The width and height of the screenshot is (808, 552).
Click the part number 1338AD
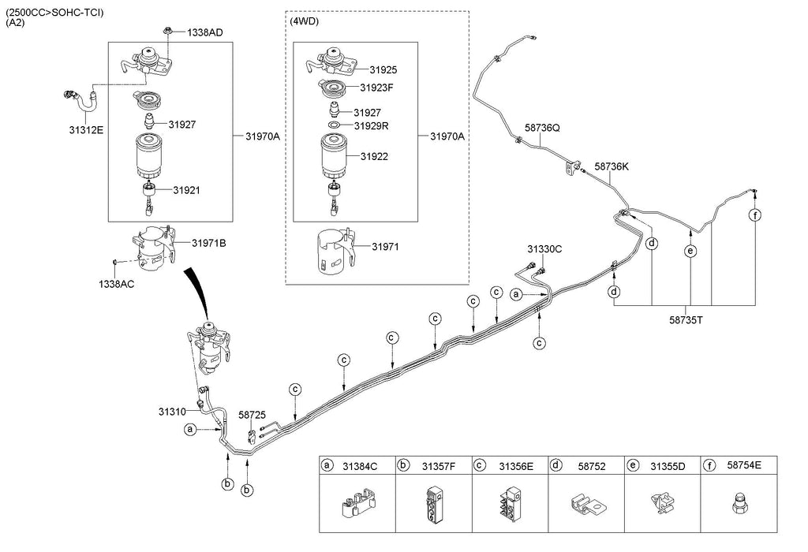[x=205, y=33]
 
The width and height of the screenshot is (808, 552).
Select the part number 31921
[x=189, y=190]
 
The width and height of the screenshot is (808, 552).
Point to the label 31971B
[x=208, y=243]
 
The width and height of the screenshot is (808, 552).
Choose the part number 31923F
[x=376, y=88]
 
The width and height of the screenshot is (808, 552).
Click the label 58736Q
[x=542, y=127]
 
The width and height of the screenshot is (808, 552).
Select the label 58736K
[x=612, y=166]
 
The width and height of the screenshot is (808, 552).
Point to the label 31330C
[x=544, y=249]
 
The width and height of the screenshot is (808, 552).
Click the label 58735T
[x=684, y=322]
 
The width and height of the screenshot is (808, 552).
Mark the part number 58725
[x=252, y=414]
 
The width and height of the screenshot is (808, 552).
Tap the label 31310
[x=171, y=412]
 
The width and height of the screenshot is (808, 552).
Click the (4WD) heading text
[x=305, y=21]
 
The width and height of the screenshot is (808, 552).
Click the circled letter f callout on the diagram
[x=755, y=215]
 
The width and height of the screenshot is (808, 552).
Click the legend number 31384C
[x=360, y=466]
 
